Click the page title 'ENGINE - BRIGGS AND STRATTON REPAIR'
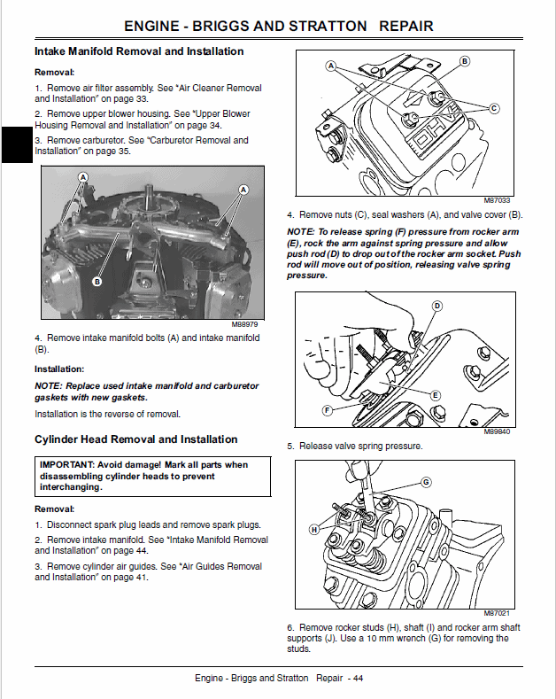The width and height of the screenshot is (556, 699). pyautogui.click(x=279, y=26)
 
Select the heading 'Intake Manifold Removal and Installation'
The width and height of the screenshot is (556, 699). pyautogui.click(x=139, y=51)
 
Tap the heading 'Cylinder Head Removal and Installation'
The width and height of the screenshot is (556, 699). pyautogui.click(x=135, y=439)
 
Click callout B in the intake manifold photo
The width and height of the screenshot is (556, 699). pyautogui.click(x=97, y=281)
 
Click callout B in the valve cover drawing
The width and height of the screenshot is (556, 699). pyautogui.click(x=465, y=61)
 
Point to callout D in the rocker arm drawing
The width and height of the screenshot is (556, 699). pyautogui.click(x=436, y=306)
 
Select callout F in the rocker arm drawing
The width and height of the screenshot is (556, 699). pyautogui.click(x=328, y=411)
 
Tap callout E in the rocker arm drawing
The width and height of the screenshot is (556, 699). pyautogui.click(x=436, y=394)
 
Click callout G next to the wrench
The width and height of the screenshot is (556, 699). pyautogui.click(x=426, y=482)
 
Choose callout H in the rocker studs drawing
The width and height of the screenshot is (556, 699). pyautogui.click(x=313, y=529)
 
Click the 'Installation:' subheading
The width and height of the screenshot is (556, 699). pyautogui.click(x=59, y=369)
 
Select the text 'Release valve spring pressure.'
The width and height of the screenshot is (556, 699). pyautogui.click(x=360, y=446)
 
